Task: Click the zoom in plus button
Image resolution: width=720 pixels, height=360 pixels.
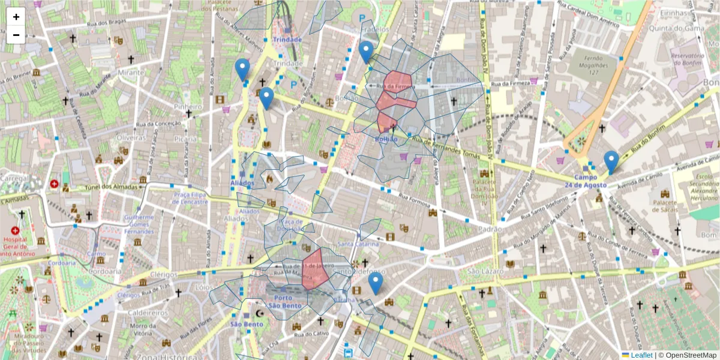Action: pos(16,17)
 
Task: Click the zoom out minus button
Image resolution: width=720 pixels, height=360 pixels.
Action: pos(16,35)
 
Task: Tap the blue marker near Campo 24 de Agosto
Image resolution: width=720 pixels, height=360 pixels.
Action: pos(611,161)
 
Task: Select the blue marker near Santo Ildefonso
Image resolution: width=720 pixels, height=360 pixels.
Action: pos(376,283)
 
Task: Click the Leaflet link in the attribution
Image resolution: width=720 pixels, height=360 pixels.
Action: pos(641,355)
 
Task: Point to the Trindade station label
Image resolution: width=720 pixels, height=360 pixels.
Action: pos(287,40)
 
